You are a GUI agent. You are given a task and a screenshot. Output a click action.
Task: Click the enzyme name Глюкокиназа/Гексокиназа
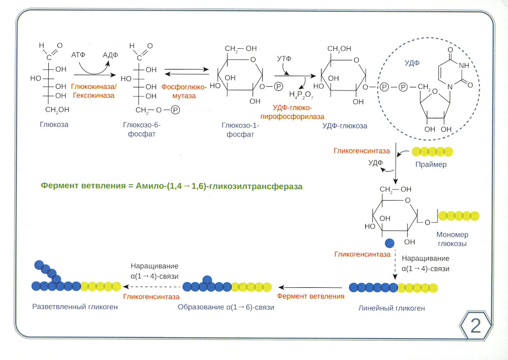[93, 91]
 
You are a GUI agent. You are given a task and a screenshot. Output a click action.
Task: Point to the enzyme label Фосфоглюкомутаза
[184, 91]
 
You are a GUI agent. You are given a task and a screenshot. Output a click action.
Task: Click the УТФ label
[284, 59]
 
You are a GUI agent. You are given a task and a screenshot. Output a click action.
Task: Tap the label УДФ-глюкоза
[345, 125]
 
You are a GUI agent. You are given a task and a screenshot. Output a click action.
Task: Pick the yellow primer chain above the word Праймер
[432, 152]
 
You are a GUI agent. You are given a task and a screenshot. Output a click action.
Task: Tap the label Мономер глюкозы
[452, 239]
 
